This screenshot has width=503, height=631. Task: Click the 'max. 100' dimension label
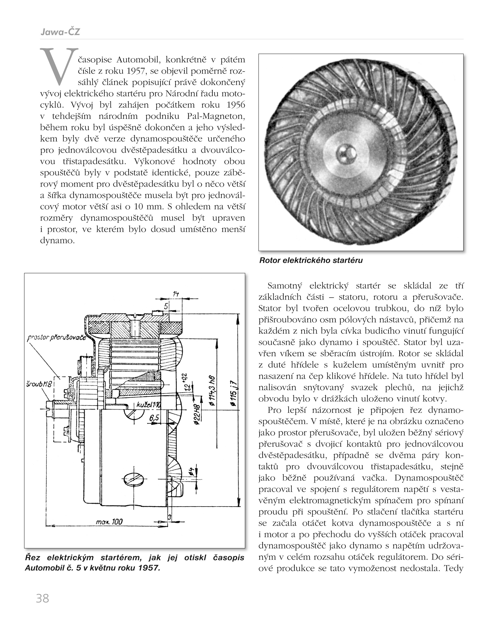(x=109, y=522)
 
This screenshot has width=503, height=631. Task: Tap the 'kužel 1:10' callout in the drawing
(x=149, y=405)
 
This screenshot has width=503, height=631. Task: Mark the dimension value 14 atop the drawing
(x=176, y=294)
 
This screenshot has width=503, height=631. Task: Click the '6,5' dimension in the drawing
(x=154, y=418)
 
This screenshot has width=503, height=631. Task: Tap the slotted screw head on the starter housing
(x=132, y=479)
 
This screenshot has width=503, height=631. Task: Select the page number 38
(x=42, y=598)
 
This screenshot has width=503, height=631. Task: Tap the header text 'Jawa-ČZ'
(x=60, y=32)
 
